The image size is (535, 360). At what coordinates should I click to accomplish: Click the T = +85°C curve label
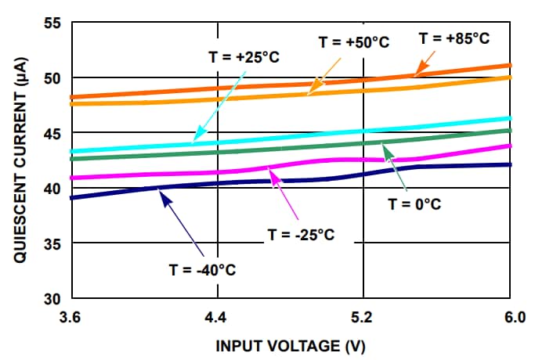click(x=454, y=38)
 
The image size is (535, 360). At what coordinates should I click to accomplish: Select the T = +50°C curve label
click(x=353, y=41)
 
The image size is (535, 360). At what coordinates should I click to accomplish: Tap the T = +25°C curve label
click(x=245, y=57)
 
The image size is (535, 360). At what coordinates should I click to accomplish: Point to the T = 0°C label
click(x=416, y=205)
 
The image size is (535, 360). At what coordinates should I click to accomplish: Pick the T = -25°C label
click(x=302, y=235)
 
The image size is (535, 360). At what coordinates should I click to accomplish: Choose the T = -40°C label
click(x=202, y=270)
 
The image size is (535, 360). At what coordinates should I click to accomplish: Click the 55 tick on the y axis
click(x=52, y=23)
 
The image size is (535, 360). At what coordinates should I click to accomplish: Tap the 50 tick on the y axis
click(x=52, y=78)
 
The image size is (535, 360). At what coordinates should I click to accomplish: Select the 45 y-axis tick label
click(x=52, y=133)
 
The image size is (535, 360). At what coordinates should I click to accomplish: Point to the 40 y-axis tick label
click(x=52, y=189)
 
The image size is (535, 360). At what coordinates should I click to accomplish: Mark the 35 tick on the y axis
click(x=52, y=244)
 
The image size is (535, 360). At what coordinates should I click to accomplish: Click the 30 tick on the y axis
click(x=52, y=300)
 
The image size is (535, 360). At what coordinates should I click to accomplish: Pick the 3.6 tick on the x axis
click(x=70, y=318)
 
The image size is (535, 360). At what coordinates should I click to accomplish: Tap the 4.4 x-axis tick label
click(x=217, y=318)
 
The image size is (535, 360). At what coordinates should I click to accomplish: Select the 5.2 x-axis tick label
click(x=363, y=318)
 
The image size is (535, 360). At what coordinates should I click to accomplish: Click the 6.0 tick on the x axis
click(x=510, y=318)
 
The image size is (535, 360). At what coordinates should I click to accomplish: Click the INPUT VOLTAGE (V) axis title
click(x=290, y=345)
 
